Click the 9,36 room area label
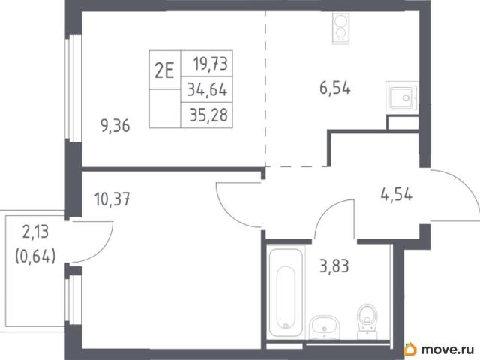[115, 126]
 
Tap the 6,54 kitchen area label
[335, 88]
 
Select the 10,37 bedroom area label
[112, 199]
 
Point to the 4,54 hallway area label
[397, 194]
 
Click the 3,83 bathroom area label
[334, 265]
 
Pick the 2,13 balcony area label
[35, 232]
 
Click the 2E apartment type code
[164, 70]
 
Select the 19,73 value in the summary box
[210, 64]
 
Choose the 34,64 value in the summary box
[207, 90]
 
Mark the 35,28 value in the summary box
[208, 115]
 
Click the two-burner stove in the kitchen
[340, 28]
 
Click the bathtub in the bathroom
[286, 292]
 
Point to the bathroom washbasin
[324, 327]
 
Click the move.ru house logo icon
[410, 349]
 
